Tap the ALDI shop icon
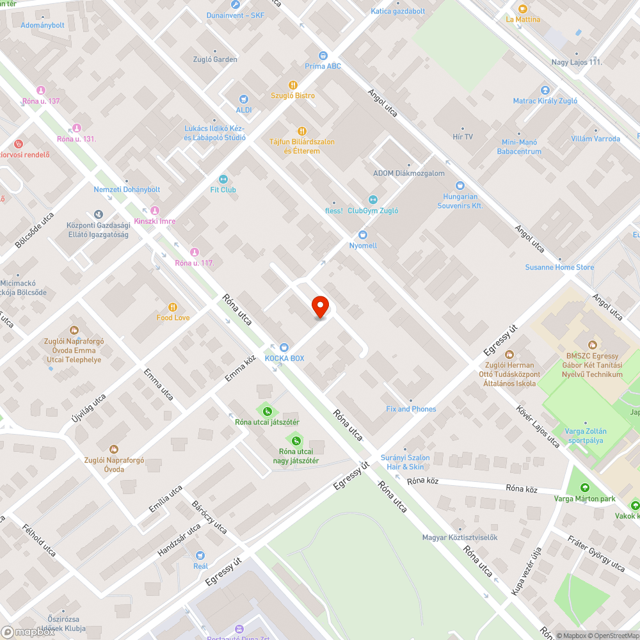[x=243, y=99]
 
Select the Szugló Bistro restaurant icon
[x=293, y=84]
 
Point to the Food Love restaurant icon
[x=172, y=307]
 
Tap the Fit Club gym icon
[x=223, y=179]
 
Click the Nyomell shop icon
[x=363, y=235]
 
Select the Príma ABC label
[x=323, y=67]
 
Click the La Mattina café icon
[x=523, y=8]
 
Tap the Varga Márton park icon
[x=584, y=489]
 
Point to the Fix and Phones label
[x=411, y=409]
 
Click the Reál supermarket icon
[x=200, y=556]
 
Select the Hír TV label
[x=463, y=137]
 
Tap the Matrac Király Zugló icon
[x=545, y=90]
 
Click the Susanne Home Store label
[x=559, y=268]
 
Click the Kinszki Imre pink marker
[x=154, y=211]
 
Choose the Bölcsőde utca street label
[x=35, y=229]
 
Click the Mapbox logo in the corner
[x=27, y=632]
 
